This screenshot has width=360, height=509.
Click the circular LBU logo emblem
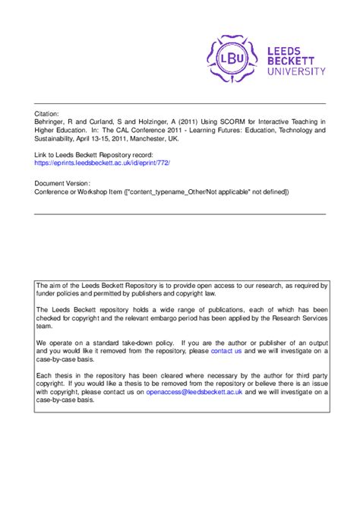point(232,56)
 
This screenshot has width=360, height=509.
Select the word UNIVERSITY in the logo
point(297,71)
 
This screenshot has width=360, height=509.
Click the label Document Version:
point(62,183)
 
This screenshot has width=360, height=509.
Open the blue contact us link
point(226,352)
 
